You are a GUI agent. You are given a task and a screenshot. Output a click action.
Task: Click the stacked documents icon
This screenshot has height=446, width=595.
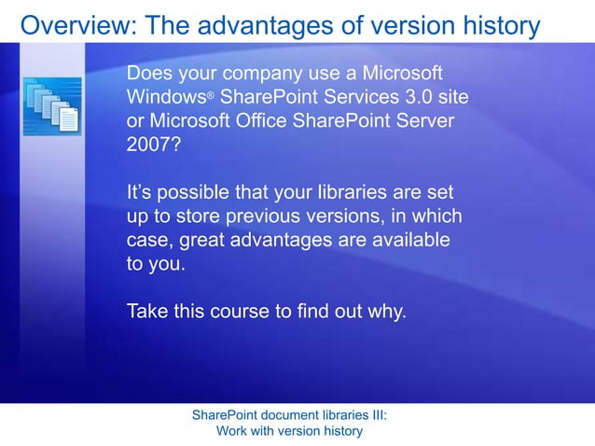[52, 105]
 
